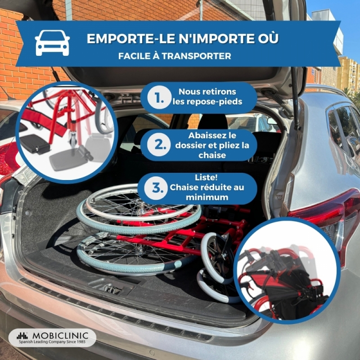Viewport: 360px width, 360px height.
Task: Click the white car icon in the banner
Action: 52,43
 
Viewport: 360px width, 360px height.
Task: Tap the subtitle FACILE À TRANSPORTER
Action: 175,56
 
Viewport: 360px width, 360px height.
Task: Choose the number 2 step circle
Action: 159,145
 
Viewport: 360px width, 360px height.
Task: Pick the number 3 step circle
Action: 156,188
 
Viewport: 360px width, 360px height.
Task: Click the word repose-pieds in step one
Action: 207,102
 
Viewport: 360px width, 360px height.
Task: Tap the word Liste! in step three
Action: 206,177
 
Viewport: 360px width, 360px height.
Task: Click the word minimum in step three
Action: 207,197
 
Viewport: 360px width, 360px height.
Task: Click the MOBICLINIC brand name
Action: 60,336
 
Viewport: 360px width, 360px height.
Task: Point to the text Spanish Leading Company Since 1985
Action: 52,342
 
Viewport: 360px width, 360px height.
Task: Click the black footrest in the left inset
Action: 35,144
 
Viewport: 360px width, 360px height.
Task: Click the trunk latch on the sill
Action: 112,288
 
